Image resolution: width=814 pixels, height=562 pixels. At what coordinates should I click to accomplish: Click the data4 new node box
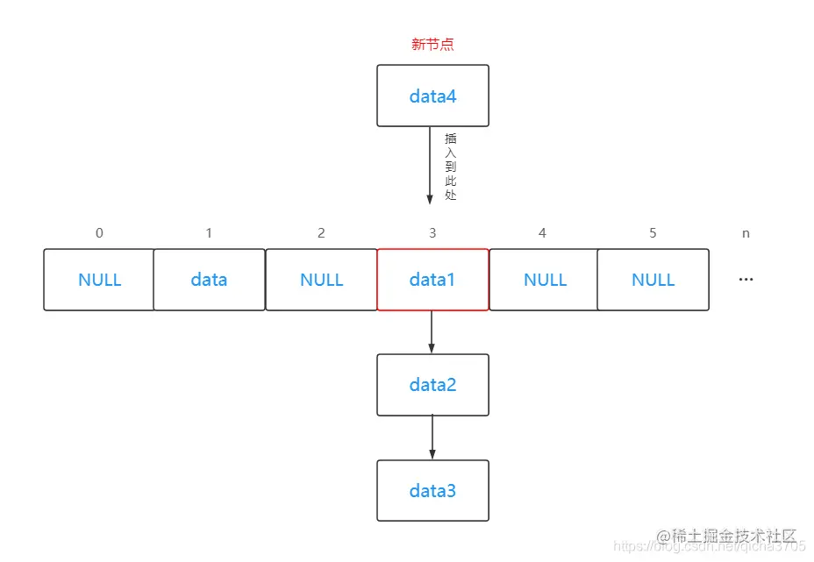[x=432, y=96]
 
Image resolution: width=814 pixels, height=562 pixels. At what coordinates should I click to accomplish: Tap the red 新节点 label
[x=432, y=45]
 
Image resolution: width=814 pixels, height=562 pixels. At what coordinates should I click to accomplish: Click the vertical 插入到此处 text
[x=451, y=167]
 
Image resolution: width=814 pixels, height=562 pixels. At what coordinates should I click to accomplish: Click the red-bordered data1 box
[x=432, y=280]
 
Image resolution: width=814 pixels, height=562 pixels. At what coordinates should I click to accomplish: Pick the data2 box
[x=432, y=385]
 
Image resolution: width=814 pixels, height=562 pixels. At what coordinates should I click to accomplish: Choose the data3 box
[x=432, y=490]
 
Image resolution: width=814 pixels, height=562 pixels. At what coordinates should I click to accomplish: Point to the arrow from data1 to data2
[x=432, y=331]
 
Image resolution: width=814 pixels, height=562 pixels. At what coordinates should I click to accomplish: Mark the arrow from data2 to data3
[x=432, y=437]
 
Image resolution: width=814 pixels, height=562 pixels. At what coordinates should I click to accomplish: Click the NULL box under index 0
[x=99, y=280]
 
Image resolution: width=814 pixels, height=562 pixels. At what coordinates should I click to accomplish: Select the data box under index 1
[x=209, y=280]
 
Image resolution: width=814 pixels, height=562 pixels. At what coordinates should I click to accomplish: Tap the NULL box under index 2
[x=321, y=280]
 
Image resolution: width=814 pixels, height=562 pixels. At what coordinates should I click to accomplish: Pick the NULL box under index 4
[x=544, y=280]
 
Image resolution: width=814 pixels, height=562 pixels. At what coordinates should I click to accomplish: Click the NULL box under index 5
[x=653, y=280]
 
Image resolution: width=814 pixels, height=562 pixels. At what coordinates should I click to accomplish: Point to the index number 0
[x=99, y=233]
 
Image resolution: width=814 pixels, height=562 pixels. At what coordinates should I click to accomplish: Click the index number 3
[x=432, y=233]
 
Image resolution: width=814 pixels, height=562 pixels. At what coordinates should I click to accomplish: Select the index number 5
[x=653, y=233]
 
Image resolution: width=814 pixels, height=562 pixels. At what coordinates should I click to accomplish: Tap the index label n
[x=746, y=233]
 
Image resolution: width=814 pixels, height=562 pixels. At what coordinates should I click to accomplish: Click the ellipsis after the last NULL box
[x=746, y=280]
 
